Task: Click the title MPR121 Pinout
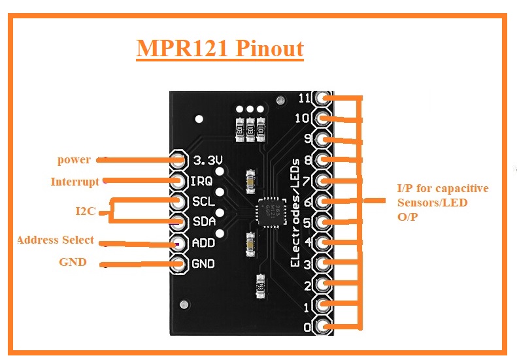(x=220, y=49)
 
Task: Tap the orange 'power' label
(x=74, y=160)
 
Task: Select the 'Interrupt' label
(x=75, y=182)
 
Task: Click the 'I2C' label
(x=86, y=211)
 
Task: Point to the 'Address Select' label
(x=56, y=240)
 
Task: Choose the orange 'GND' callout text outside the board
(x=73, y=263)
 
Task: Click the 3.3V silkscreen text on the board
(x=208, y=160)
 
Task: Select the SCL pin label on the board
(x=204, y=202)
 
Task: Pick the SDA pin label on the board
(x=204, y=222)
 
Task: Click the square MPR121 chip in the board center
(x=268, y=212)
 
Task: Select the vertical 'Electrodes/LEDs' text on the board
(x=295, y=212)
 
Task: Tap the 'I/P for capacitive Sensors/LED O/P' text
(x=442, y=203)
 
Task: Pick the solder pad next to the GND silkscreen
(x=178, y=264)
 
